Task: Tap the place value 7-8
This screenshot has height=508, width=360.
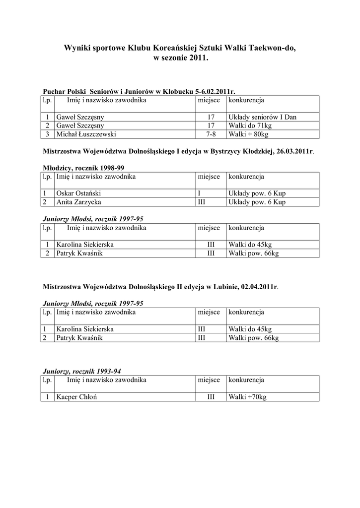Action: click(211, 134)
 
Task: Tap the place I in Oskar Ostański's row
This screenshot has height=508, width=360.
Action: click(199, 193)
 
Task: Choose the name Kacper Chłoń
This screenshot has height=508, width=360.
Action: click(75, 397)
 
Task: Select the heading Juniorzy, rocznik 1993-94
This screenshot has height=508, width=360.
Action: click(82, 371)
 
